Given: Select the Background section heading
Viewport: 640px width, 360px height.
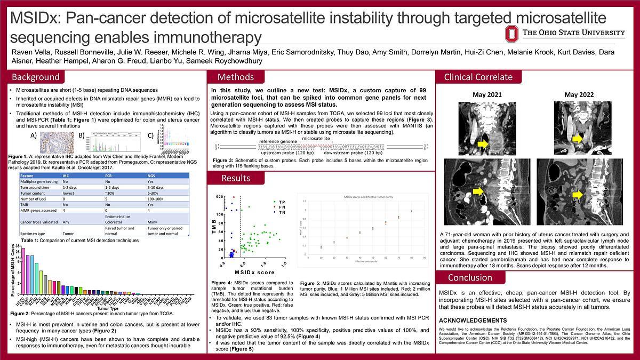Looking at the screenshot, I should click(36, 77).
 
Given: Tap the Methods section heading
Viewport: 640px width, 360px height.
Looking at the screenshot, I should click(235, 77).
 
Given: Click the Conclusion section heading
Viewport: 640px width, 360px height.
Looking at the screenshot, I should click(469, 277).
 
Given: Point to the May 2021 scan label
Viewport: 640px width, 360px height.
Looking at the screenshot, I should click(487, 95).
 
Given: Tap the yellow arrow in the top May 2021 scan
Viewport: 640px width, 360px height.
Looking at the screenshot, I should click(482, 144).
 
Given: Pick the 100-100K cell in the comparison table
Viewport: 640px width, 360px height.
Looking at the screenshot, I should click(156, 197).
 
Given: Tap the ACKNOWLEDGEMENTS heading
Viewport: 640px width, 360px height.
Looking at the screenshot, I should click(472, 321).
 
